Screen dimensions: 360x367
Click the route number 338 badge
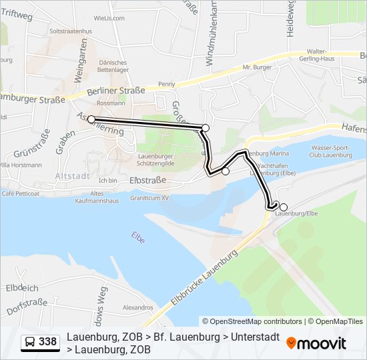pyautogui.click(x=40, y=343)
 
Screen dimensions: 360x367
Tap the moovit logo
pyautogui.click(x=316, y=343)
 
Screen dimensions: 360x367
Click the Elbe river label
pyautogui.click(x=138, y=237)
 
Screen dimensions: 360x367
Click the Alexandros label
pyautogui.click(x=137, y=307)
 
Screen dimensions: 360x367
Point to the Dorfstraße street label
pyautogui.click(x=27, y=307)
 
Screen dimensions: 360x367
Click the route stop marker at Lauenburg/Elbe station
pyautogui.click(x=284, y=207)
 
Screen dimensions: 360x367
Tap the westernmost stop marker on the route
pyautogui.click(x=91, y=120)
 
